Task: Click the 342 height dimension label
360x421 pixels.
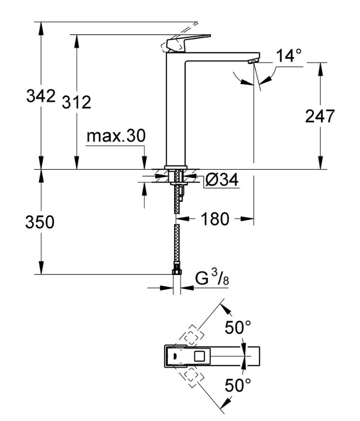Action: pyautogui.click(x=41, y=96)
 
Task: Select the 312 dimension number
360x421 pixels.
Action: pyautogui.click(x=77, y=102)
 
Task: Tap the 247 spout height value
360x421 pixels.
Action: pyautogui.click(x=320, y=116)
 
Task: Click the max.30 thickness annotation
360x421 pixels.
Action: pyautogui.click(x=116, y=136)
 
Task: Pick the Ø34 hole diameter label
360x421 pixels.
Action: pyautogui.click(x=221, y=180)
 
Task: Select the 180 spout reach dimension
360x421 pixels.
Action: pyautogui.click(x=215, y=219)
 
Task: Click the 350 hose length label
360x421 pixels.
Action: pyautogui.click(x=40, y=222)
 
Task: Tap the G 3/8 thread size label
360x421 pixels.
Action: pyautogui.click(x=212, y=278)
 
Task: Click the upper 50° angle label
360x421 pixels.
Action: pyautogui.click(x=238, y=327)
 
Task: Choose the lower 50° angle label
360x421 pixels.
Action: pyautogui.click(x=238, y=385)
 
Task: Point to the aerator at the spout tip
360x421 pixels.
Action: pyautogui.click(x=252, y=61)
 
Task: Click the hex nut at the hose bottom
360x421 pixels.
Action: pyautogui.click(x=177, y=271)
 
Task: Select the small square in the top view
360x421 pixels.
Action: pyautogui.click(x=200, y=356)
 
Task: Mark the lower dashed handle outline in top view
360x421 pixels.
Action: pyautogui.click(x=193, y=378)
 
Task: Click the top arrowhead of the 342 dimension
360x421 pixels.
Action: pyautogui.click(x=41, y=28)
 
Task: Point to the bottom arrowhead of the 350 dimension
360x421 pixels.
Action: pyautogui.click(x=41, y=268)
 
